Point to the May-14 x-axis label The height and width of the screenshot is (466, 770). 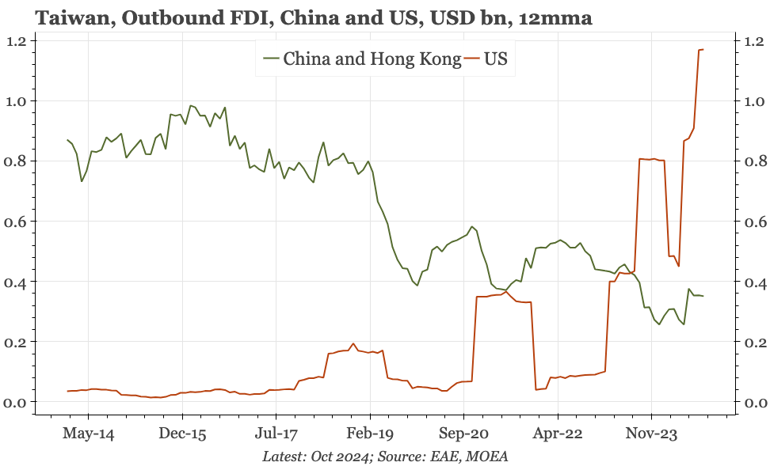point(88,434)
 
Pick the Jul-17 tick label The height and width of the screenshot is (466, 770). point(276,434)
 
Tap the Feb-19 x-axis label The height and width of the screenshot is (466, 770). point(370,434)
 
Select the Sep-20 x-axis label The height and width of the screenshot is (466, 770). point(464,434)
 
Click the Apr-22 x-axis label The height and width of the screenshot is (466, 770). point(558,434)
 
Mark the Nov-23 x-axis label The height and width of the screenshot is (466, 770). point(652,434)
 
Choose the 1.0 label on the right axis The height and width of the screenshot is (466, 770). point(753,101)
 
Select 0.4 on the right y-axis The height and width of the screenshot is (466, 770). point(753,282)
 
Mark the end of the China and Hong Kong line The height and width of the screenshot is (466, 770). point(703,296)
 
